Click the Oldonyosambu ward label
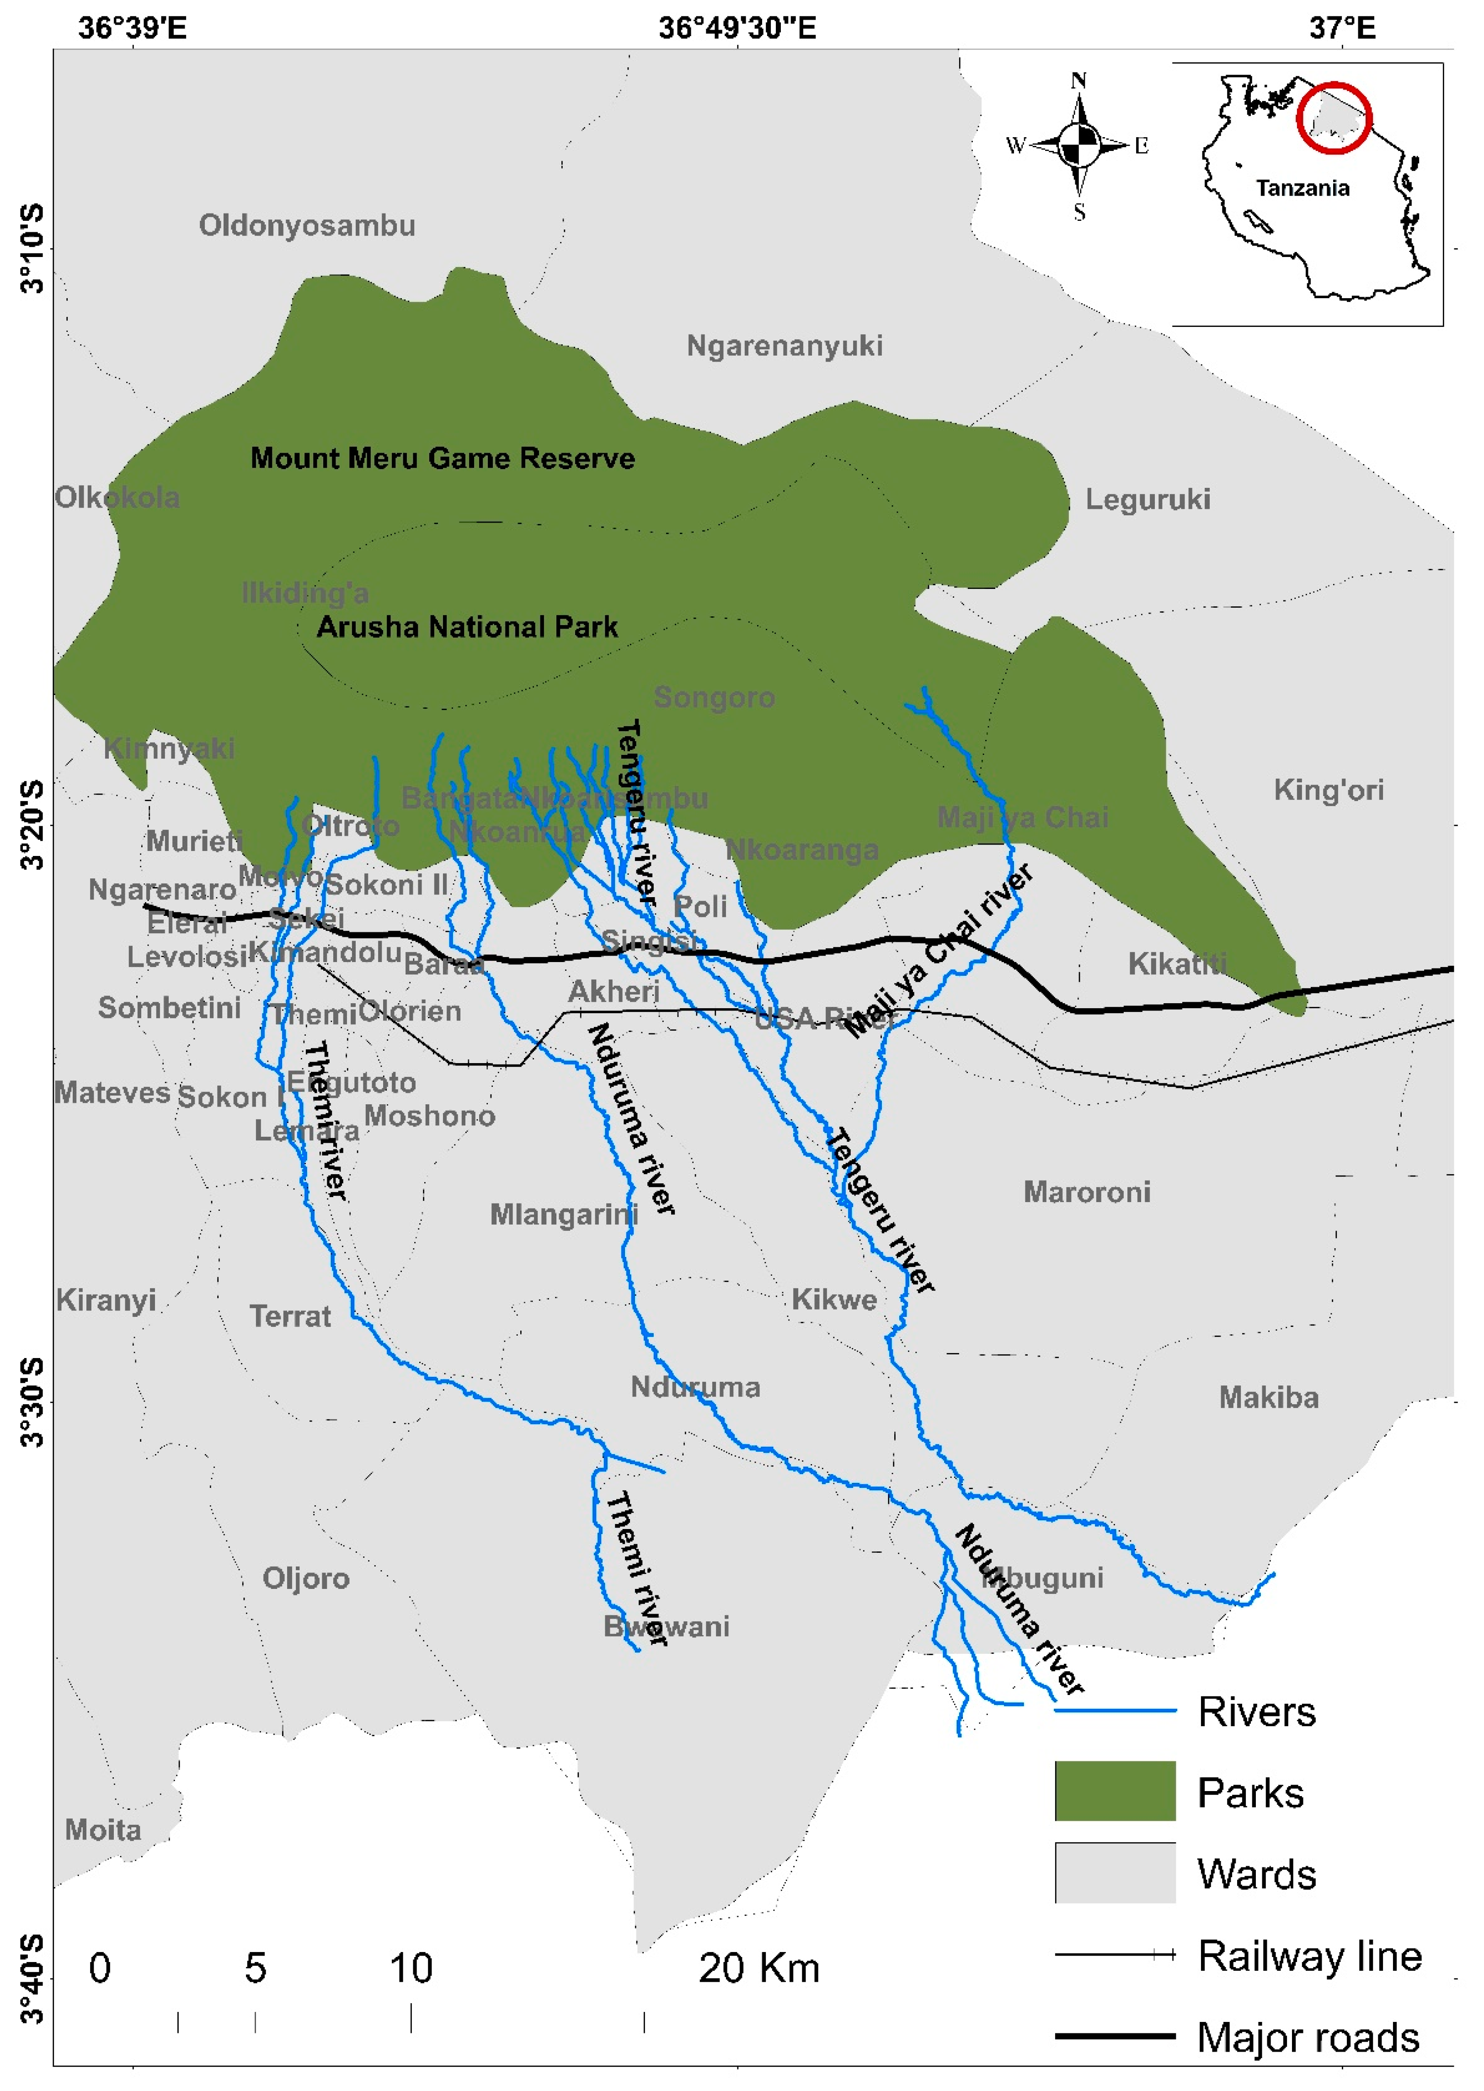coord(307,226)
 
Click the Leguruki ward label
coord(1148,500)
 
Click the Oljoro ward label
coord(306,1578)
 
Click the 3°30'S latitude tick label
coord(32,1403)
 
